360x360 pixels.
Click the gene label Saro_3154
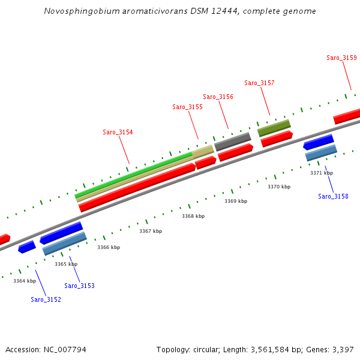(x=118, y=132)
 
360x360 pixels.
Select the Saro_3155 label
(x=187, y=107)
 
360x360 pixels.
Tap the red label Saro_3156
(x=218, y=97)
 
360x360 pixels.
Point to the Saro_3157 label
(x=259, y=83)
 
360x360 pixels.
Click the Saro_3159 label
(x=341, y=58)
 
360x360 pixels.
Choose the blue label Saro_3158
(x=333, y=196)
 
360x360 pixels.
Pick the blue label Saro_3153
(x=79, y=286)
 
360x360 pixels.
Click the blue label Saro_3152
(x=46, y=299)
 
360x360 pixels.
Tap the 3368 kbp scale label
(x=193, y=216)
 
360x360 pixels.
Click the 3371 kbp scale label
(x=321, y=173)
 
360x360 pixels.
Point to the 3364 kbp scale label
(x=25, y=281)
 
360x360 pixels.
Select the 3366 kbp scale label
(x=109, y=247)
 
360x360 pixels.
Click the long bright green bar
(x=132, y=174)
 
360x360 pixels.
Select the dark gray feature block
(x=233, y=142)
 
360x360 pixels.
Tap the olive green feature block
(x=274, y=128)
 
